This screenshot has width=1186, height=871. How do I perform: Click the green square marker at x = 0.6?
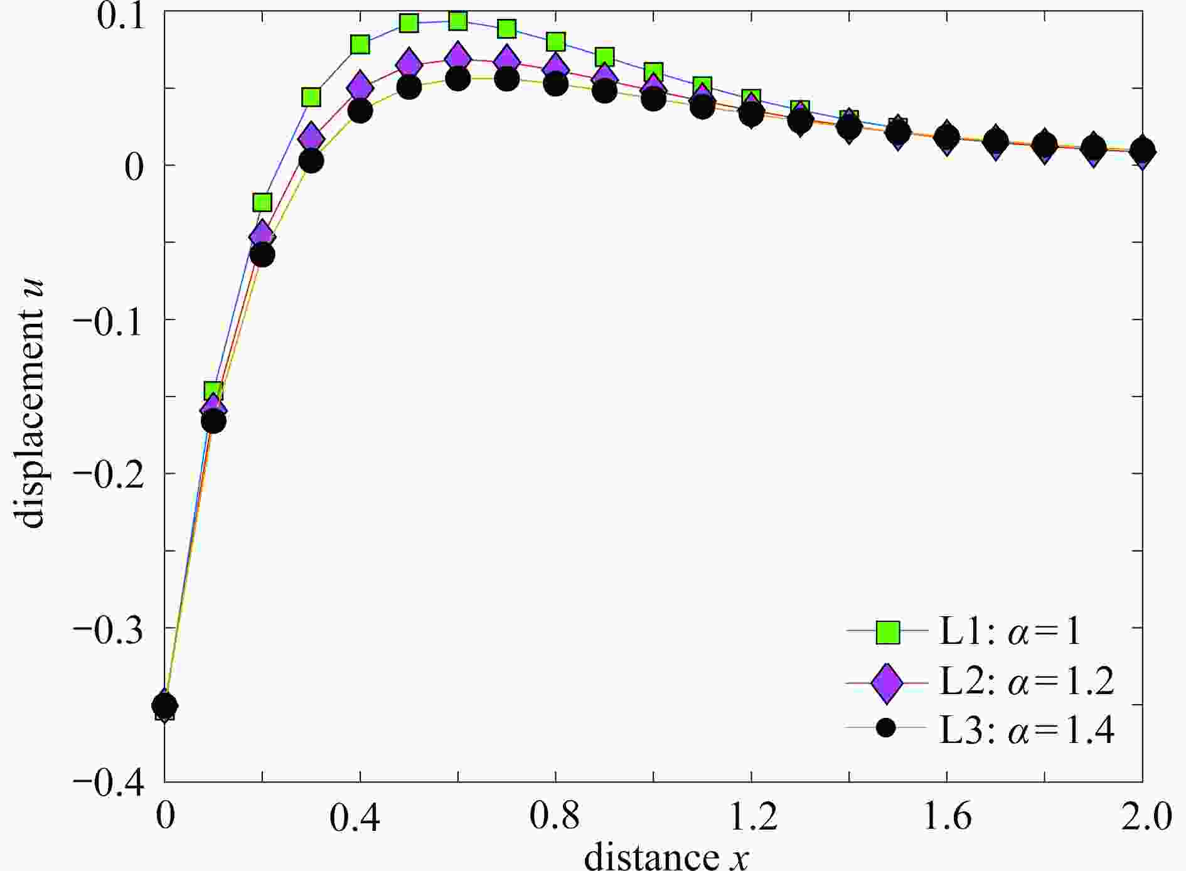[458, 21]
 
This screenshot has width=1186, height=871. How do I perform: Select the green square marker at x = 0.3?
[311, 97]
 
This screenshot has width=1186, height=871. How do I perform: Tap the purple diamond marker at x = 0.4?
[360, 86]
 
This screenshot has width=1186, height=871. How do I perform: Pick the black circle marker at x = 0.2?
[262, 255]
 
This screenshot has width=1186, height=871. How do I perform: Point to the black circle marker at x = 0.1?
[213, 421]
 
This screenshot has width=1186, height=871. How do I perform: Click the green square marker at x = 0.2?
[262, 202]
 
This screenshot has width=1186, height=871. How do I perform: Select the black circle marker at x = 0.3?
[311, 161]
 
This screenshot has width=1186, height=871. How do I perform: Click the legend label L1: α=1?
[1010, 633]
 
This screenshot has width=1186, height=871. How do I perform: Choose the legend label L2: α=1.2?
[1026, 681]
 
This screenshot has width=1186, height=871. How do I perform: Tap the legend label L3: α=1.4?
[1026, 730]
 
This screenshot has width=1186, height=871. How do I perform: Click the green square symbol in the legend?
[887, 632]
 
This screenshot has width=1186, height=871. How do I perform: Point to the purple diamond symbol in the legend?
[887, 682]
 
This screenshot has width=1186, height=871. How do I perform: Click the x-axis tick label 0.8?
[555, 818]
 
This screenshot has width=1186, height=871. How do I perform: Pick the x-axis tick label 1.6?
[947, 818]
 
